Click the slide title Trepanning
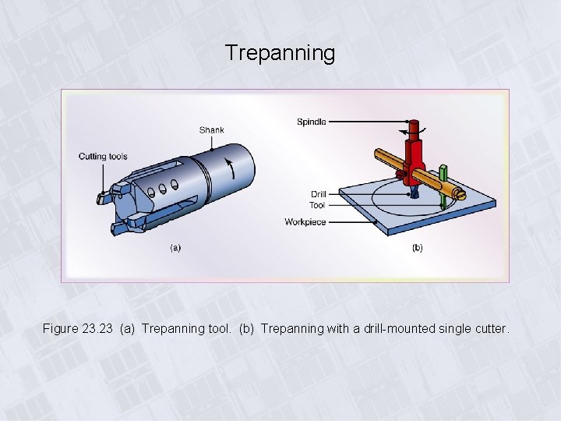[280, 53]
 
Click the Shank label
[211, 129]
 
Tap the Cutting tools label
[103, 157]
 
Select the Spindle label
[311, 122]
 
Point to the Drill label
[318, 194]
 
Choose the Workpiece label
[305, 222]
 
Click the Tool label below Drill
[317, 206]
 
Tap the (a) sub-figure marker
[175, 248]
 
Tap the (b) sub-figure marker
[417, 248]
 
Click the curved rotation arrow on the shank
[229, 166]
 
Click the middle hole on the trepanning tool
[164, 187]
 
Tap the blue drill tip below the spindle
[414, 189]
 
